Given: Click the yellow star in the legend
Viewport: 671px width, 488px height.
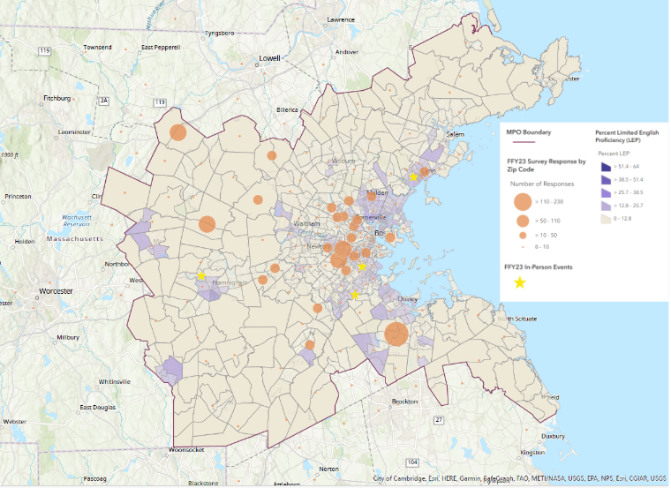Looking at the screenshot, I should [520, 282].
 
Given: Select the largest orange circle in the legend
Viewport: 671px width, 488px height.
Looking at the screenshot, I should [522, 201].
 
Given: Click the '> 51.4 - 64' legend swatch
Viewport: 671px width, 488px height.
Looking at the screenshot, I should [606, 165].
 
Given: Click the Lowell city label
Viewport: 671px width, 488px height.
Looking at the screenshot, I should [268, 58].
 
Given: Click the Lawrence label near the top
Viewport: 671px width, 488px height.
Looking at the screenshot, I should [340, 19].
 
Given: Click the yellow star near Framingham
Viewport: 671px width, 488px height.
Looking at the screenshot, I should [201, 275].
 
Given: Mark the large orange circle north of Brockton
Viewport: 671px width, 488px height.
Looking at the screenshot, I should [396, 334].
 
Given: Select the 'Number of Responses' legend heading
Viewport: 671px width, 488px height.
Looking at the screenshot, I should [542, 184].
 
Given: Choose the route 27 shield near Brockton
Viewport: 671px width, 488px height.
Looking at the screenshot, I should [439, 419].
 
